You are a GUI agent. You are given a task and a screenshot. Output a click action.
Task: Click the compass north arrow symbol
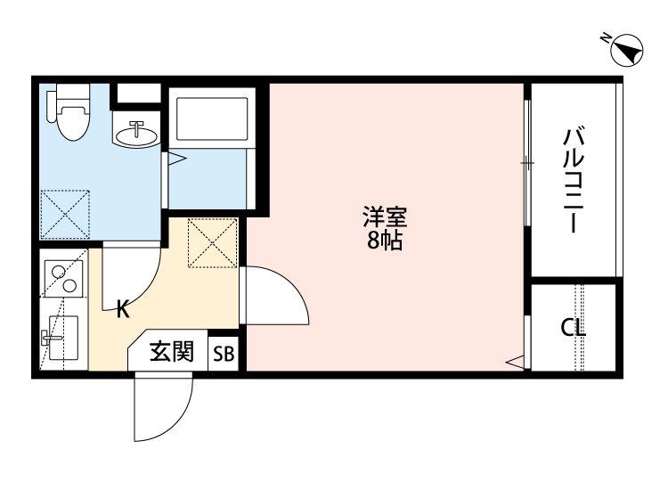point(626,49)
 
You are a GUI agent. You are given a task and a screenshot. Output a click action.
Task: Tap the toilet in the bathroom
point(70,111)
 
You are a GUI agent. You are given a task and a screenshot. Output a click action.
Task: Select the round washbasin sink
point(136,135)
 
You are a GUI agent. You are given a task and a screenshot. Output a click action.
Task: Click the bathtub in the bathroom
point(212,118)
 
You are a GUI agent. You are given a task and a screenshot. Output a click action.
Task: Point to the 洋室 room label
point(385,216)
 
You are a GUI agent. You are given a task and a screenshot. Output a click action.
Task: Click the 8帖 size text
point(385,241)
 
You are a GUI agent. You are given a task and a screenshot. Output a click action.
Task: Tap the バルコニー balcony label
point(573,179)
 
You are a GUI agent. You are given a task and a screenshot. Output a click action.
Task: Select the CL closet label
point(573,328)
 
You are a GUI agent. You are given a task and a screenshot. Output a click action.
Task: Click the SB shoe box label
point(224,354)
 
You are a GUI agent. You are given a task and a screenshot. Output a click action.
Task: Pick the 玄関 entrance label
point(172,352)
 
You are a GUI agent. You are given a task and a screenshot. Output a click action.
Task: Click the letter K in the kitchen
point(123,309)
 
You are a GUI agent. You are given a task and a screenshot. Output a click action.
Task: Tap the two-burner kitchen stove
point(63,279)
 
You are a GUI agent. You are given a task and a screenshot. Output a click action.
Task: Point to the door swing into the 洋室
point(274,296)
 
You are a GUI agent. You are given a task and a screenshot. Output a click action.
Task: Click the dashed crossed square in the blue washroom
point(65,215)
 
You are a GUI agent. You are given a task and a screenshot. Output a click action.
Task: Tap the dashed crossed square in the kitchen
point(212,243)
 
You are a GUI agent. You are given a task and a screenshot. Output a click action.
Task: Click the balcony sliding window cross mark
point(527,163)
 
